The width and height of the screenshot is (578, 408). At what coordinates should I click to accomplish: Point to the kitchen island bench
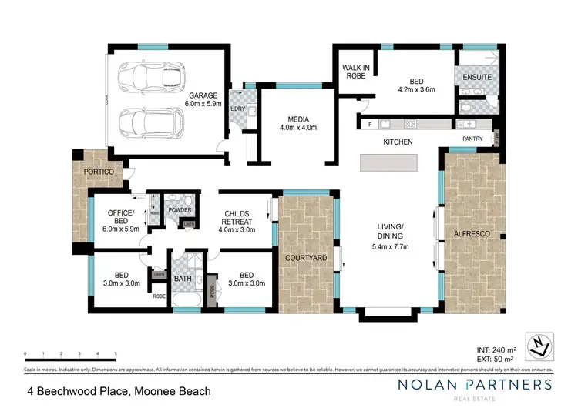pos(389,163)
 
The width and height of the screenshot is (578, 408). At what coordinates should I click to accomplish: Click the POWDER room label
pos(180,209)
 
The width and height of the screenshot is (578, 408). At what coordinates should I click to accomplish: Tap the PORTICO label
pos(99,171)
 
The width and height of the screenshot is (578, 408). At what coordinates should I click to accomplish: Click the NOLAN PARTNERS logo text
pos(463,384)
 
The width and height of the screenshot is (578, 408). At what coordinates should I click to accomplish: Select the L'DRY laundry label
pos(238,108)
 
